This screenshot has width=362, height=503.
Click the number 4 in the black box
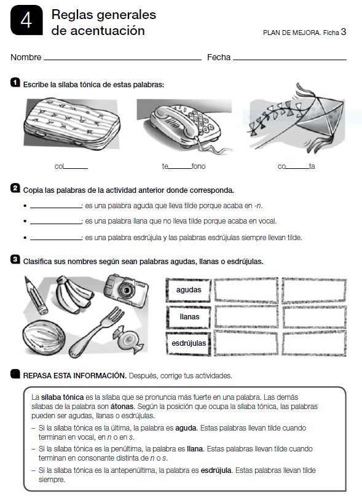coord(25,21)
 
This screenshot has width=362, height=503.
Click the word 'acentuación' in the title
coord(98,30)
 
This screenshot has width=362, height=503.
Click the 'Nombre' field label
coord(26,57)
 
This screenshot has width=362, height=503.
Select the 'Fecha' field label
coord(218,57)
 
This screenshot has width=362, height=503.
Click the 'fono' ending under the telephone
coord(199,166)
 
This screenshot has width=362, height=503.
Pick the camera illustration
coord(125,289)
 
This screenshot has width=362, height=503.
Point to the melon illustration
coord(43,337)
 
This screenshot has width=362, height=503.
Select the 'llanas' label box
coord(189,316)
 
